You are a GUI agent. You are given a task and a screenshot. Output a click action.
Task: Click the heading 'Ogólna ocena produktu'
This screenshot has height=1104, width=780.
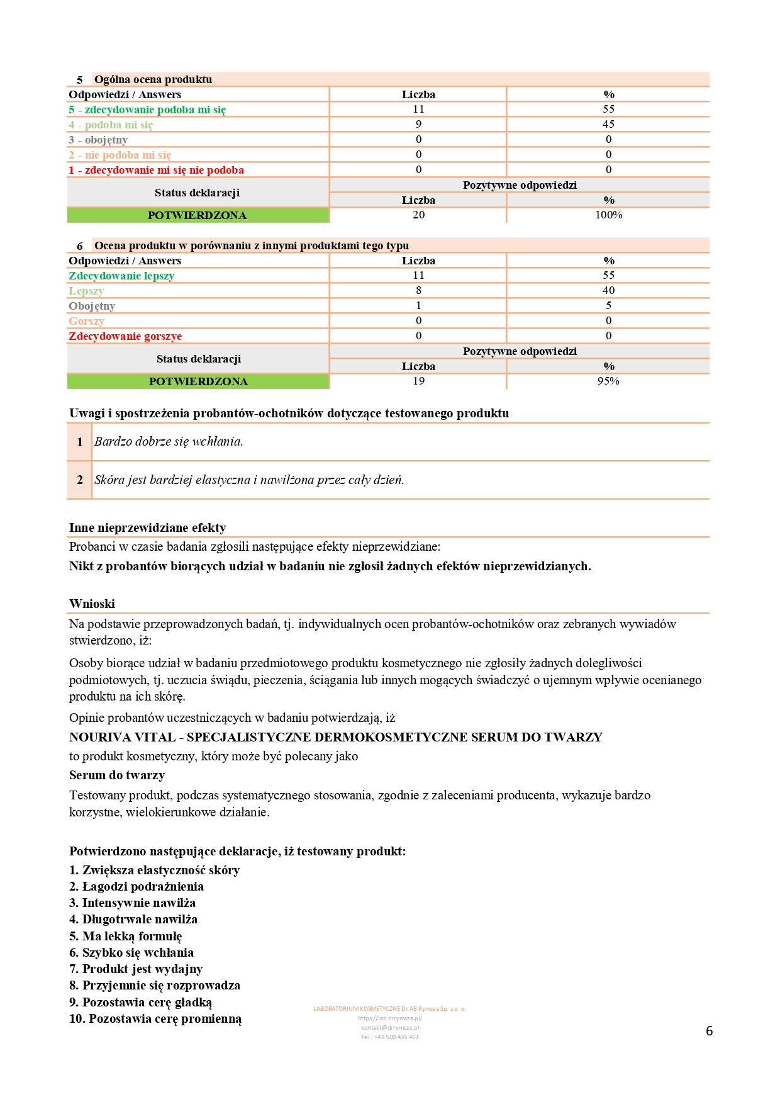[153, 79]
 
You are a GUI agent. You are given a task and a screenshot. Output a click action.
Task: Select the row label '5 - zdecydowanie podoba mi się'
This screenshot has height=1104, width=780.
[147, 110]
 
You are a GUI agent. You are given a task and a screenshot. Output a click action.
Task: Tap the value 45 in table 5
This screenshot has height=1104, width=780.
[608, 124]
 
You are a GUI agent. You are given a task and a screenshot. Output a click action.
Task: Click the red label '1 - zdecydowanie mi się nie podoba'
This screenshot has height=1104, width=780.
[156, 170]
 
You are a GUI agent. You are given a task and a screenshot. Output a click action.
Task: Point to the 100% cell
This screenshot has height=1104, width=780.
[608, 215]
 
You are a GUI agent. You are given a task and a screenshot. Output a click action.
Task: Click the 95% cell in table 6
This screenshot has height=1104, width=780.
[608, 381]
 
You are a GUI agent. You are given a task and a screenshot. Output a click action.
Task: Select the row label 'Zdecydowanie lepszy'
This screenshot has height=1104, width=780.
[121, 276]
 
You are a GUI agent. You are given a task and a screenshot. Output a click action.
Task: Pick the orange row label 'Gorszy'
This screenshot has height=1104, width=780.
[86, 321]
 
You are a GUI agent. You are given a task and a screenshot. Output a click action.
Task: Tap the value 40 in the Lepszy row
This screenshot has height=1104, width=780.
[608, 290]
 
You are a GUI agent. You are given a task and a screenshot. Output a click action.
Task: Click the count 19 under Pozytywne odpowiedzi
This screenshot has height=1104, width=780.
[418, 381]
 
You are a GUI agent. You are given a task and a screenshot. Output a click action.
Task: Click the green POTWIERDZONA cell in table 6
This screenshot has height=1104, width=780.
[198, 381]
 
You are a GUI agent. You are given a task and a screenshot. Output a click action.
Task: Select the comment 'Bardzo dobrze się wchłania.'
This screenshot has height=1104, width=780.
[169, 442]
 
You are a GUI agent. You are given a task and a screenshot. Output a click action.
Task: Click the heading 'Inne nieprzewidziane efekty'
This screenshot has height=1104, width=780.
[147, 527]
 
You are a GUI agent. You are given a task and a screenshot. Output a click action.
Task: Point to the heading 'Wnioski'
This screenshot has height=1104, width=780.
[92, 604]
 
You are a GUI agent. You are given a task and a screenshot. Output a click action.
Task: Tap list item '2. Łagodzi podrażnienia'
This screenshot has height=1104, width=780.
[136, 886]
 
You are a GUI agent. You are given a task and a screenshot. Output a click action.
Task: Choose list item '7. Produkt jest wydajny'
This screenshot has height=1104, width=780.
[136, 969]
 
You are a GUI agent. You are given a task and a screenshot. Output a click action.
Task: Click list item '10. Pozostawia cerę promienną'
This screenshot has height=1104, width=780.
[155, 1018]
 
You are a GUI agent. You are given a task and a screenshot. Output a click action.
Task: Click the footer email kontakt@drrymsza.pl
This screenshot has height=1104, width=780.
[390, 1028]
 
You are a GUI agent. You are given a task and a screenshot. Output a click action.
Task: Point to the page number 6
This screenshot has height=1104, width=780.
[709, 1031]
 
